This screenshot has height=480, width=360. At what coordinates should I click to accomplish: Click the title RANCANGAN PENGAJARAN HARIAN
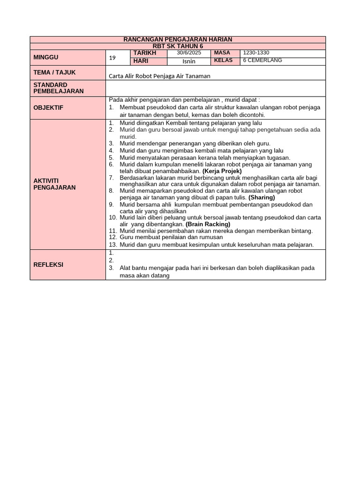(178, 39)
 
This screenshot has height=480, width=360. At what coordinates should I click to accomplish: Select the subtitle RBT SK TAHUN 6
(178, 46)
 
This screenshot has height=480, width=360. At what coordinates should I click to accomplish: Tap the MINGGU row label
(46, 57)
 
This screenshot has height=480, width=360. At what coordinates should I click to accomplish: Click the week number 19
(112, 58)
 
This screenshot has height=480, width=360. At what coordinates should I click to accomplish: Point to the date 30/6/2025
(189, 53)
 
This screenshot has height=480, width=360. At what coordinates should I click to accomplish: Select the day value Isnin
(189, 61)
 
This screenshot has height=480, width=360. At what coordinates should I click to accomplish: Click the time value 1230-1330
(256, 53)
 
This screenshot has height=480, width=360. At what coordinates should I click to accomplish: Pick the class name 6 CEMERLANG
(262, 60)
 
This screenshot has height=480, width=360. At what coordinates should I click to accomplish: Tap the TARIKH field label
(144, 53)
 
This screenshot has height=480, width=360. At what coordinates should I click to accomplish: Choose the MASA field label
(222, 53)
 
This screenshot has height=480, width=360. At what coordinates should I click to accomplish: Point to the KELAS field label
(223, 60)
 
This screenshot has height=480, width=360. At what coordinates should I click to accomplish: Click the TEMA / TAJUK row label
(54, 73)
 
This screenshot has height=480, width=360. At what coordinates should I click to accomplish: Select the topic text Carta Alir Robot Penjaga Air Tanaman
(159, 76)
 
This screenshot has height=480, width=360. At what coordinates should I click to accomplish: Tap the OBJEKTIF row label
(48, 108)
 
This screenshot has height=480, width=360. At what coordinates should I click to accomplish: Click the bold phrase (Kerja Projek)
(222, 171)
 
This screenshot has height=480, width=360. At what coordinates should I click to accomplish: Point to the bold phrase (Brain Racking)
(208, 224)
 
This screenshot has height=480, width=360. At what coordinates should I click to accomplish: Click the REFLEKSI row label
(48, 264)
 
